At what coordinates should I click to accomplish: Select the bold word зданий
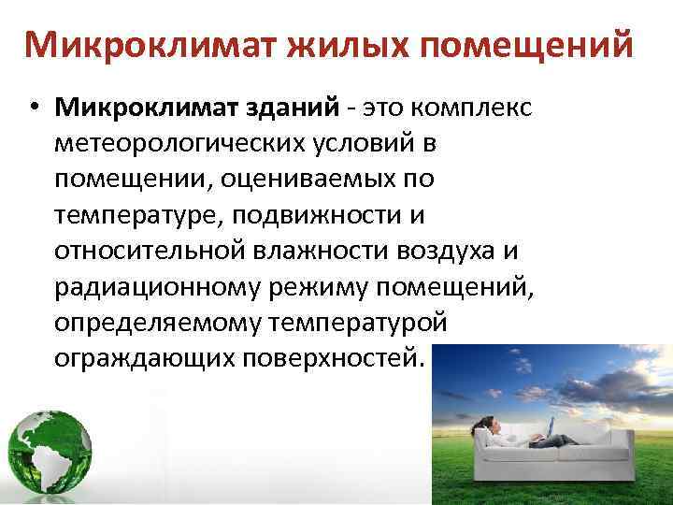pos(294,108)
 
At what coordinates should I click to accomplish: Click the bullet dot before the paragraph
pos(33,109)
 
